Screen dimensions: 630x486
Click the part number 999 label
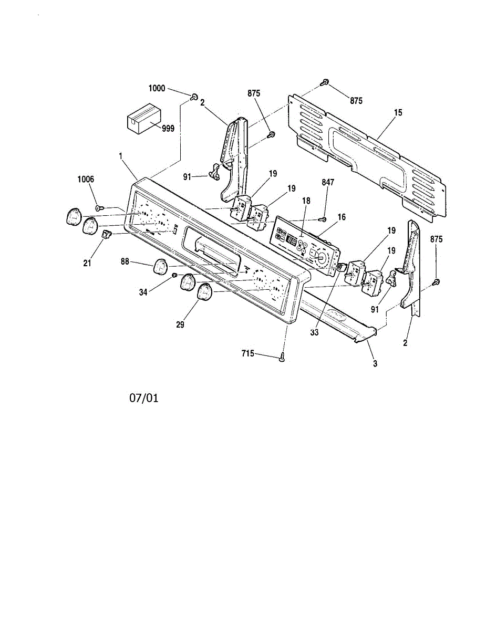(168, 128)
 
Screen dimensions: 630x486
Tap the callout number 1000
(157, 89)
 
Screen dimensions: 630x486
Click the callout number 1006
(85, 179)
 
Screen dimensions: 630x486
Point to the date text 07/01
(144, 398)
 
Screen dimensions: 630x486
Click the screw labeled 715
(283, 358)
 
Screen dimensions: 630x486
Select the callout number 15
(398, 112)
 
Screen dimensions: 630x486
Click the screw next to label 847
(324, 218)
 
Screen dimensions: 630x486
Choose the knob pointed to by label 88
(160, 267)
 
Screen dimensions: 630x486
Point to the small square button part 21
(105, 234)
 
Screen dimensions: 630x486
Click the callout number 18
(307, 201)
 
